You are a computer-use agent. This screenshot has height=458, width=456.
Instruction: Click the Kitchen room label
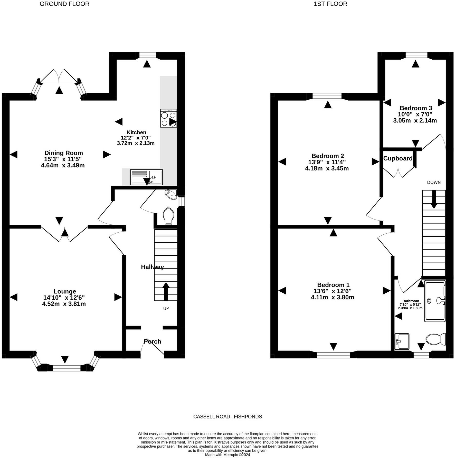tap(136, 132)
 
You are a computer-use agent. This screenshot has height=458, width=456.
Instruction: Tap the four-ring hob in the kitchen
tap(168, 118)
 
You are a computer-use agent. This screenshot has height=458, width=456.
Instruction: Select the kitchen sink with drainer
tap(146, 177)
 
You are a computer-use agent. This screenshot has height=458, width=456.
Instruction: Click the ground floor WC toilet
tap(168, 216)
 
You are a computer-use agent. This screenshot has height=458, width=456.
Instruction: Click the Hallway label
tap(152, 267)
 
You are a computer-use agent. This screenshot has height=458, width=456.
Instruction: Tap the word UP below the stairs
tap(166, 308)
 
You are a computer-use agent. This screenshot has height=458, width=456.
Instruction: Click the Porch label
tap(153, 341)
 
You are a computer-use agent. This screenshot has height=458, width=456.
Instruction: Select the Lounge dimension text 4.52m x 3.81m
tap(64, 304)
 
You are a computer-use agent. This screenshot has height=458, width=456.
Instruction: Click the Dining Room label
tap(64, 153)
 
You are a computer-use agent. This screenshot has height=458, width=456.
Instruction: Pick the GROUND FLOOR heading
tap(64, 4)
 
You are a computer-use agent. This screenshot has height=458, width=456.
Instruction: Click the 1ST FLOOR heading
tap(330, 4)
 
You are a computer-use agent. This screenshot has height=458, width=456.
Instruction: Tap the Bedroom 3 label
tap(416, 108)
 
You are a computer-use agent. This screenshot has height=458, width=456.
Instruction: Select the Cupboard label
tap(398, 159)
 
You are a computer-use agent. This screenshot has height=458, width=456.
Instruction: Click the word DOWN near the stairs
tap(434, 182)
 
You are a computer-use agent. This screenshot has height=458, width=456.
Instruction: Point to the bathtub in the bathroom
tap(435, 301)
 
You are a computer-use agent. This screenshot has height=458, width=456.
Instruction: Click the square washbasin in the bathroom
tap(402, 341)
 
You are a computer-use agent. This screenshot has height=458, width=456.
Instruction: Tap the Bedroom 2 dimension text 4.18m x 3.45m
tap(327, 169)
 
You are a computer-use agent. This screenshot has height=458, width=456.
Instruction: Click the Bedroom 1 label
tap(333, 285)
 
